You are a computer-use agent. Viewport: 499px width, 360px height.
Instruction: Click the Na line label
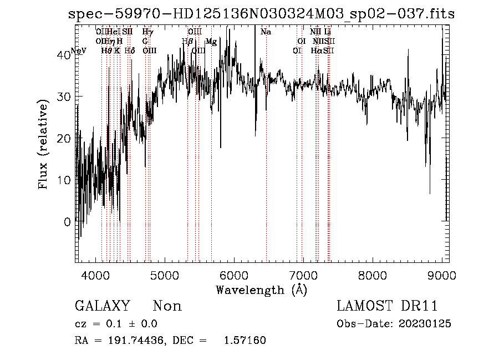click(x=266, y=32)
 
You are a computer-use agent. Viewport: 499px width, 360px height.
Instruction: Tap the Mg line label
click(x=211, y=42)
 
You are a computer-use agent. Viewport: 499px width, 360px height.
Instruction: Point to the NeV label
click(x=79, y=51)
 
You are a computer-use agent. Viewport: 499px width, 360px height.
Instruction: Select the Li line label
click(x=328, y=32)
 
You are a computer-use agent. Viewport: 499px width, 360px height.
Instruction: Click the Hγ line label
click(x=147, y=32)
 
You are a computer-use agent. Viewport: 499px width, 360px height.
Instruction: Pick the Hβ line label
click(x=187, y=42)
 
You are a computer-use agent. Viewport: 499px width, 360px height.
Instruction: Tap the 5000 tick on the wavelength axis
click(x=164, y=275)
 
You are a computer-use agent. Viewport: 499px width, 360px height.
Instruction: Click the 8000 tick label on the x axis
click(x=372, y=275)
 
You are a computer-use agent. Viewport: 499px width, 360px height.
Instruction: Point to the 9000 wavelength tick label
click(x=441, y=275)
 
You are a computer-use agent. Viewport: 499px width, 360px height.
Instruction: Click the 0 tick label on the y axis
click(x=67, y=222)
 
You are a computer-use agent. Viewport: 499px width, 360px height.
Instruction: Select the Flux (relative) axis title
click(x=43, y=144)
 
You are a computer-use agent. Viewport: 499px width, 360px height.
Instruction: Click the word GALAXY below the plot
click(x=102, y=306)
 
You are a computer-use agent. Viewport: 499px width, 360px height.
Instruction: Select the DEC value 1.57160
click(x=245, y=340)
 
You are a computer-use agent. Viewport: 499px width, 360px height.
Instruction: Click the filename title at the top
click(x=261, y=14)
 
